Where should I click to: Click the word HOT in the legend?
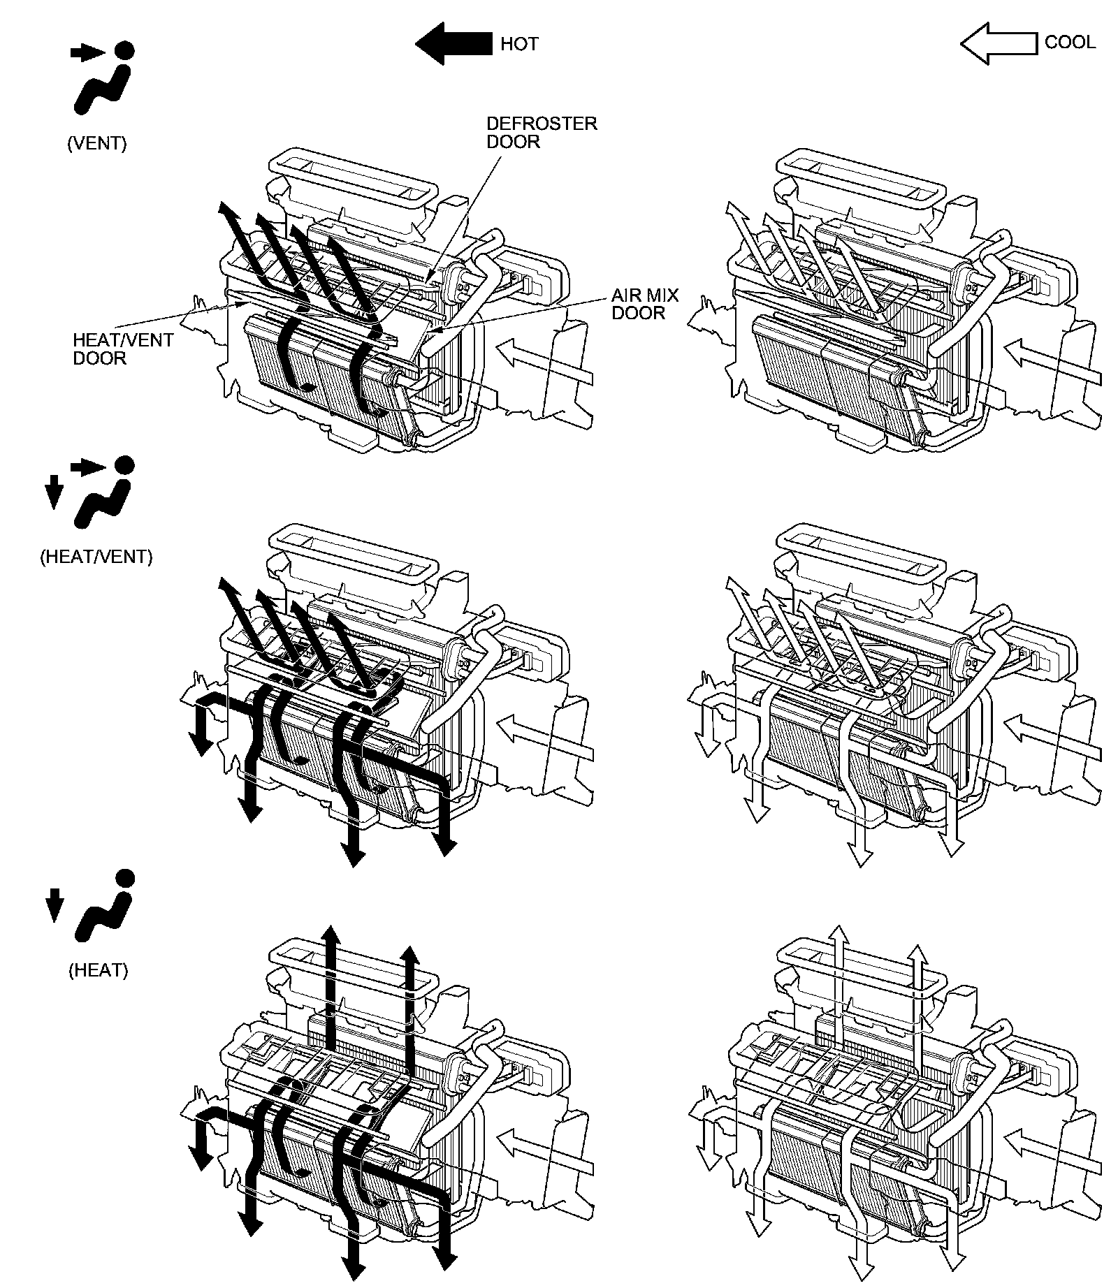click(x=519, y=44)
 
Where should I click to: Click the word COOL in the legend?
click(x=1069, y=42)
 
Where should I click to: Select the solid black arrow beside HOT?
click(x=453, y=43)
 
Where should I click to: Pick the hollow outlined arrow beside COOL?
click(x=998, y=43)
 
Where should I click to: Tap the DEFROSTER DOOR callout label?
click(x=542, y=133)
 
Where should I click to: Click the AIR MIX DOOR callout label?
click(x=644, y=304)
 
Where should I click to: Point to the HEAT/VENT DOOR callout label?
click(x=123, y=349)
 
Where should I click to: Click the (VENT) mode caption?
click(x=97, y=143)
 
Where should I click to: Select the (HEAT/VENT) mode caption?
click(x=96, y=557)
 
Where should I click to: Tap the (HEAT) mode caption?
click(x=99, y=970)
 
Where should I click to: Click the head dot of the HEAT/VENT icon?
click(x=124, y=464)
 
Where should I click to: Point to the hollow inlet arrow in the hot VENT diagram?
click(x=545, y=360)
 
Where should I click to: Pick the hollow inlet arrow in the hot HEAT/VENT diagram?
click(x=545, y=737)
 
